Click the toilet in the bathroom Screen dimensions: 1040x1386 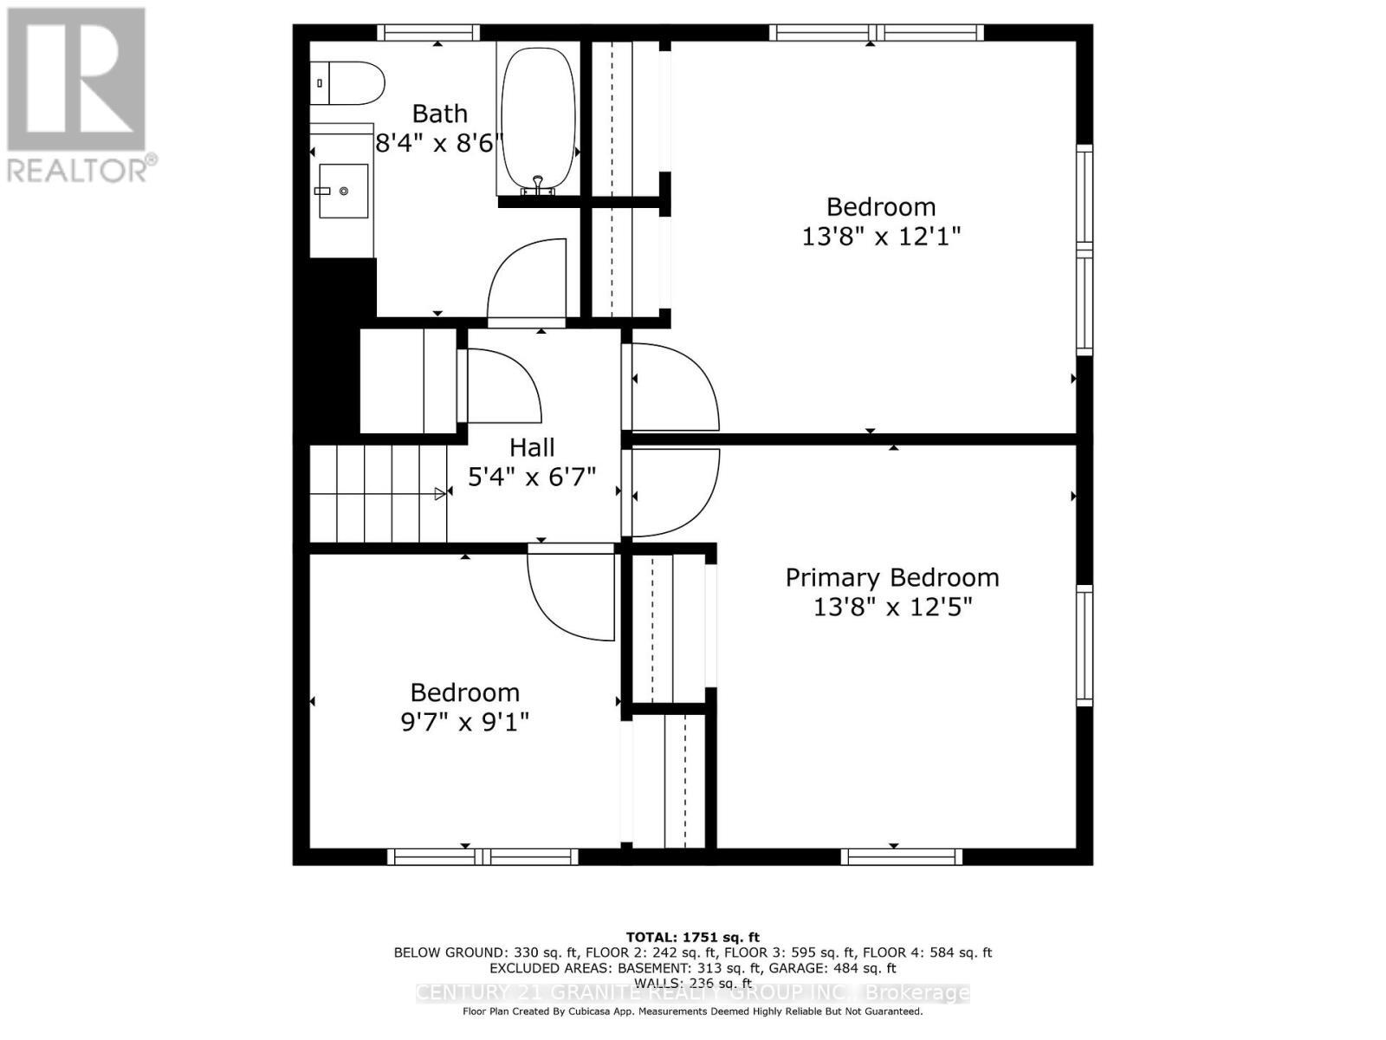(348, 83)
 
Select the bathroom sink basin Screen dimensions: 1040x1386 (343, 191)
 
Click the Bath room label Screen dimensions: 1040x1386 (439, 114)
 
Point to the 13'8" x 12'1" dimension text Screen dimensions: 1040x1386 (881, 236)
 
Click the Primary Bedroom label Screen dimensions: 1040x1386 (891, 577)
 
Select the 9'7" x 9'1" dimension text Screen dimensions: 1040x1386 (464, 721)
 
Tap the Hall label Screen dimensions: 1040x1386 (531, 447)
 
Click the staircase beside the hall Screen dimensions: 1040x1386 (378, 493)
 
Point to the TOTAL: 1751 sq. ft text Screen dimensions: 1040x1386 (692, 937)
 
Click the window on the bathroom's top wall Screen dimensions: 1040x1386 (428, 33)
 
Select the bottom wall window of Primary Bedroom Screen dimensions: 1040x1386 (901, 857)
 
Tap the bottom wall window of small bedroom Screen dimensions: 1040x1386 (482, 857)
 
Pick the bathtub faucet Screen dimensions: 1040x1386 (538, 185)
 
